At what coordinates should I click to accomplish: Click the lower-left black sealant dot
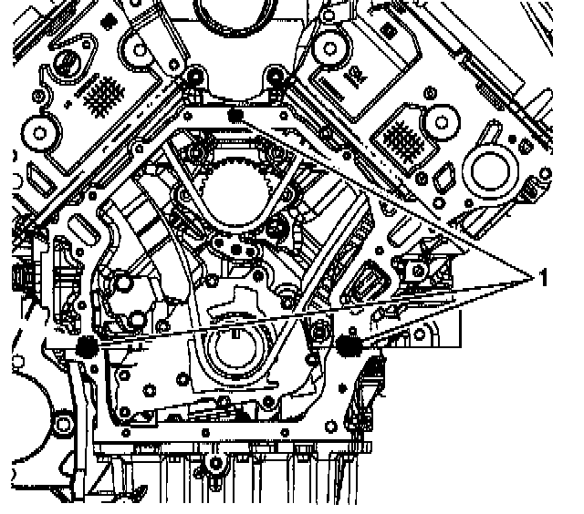pos(88,346)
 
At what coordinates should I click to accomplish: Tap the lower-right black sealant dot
pos(346,344)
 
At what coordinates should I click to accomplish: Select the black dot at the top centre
pos(235,116)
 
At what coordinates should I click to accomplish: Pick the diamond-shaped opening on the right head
pos(449,175)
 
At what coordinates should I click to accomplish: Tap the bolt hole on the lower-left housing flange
pos(61,422)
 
